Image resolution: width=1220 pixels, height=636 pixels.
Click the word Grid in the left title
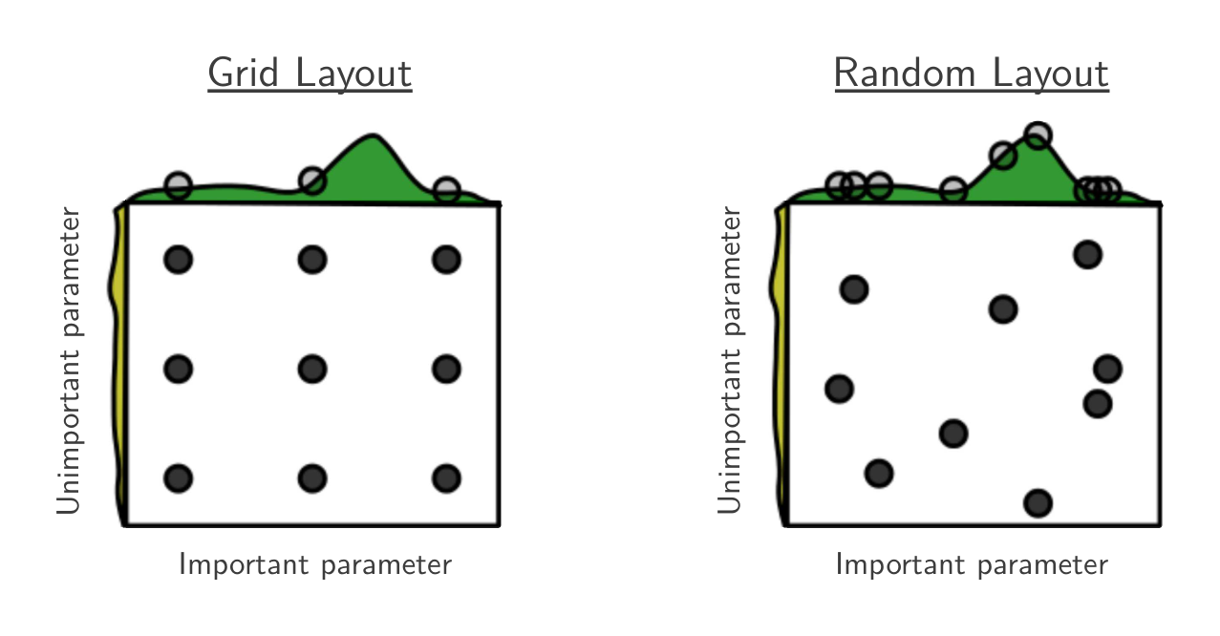243,73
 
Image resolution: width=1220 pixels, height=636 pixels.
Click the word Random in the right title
904,73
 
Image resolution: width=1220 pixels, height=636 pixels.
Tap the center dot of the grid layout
312,370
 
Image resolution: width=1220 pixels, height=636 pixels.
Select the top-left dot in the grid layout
178,259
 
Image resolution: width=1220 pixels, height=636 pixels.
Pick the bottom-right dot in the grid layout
446,478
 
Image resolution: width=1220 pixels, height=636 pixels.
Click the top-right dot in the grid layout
446,259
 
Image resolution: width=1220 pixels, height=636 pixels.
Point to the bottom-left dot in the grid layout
178,478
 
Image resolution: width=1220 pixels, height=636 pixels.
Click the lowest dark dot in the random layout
1038,503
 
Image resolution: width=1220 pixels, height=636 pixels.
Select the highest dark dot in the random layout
1087,254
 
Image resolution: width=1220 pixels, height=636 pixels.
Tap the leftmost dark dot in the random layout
840,389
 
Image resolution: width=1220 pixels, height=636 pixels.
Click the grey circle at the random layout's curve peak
1038,135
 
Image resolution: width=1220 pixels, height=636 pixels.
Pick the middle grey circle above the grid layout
312,180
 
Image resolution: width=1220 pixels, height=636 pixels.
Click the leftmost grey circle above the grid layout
178,186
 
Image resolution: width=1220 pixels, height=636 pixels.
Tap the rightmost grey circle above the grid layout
446,190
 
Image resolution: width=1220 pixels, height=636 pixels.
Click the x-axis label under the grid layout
315,565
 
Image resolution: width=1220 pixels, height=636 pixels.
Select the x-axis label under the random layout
972,565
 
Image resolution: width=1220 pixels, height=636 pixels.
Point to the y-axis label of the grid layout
69,360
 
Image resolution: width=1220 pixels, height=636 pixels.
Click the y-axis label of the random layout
730,360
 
